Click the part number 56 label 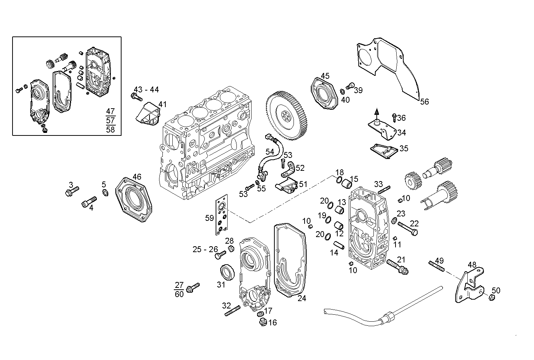pos(424,102)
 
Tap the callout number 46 pos(137,177)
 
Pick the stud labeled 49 pos(436,266)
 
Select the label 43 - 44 pos(146,90)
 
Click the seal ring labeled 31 pos(227,272)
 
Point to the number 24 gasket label pos(302,298)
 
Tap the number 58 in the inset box pos(110,129)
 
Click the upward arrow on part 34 pos(376,112)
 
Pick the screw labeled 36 pos(394,118)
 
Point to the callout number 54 pos(270,152)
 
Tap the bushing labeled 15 pos(347,183)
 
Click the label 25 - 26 pos(205,250)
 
